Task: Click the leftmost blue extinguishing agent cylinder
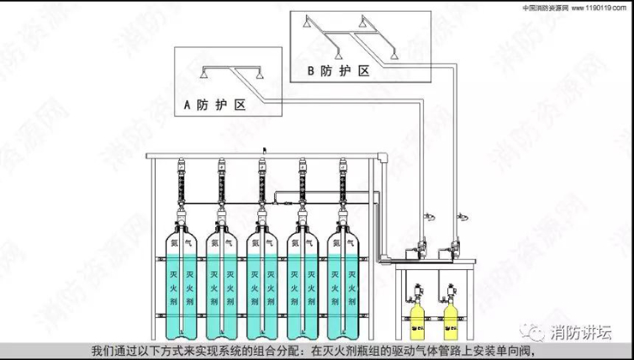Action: (x=182, y=283)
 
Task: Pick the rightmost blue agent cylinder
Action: (x=345, y=283)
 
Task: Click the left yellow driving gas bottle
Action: (x=419, y=317)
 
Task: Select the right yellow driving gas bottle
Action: (x=449, y=317)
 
